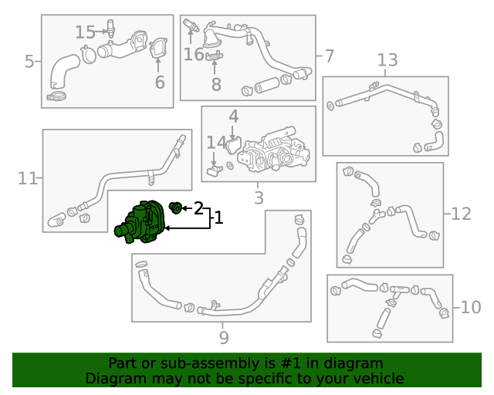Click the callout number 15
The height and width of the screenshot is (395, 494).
[x=85, y=32]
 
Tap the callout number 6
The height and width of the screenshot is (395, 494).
[x=160, y=83]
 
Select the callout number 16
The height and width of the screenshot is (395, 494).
[x=194, y=54]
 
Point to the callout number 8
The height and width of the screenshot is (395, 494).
[x=216, y=84]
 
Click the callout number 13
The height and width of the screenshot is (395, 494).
[x=387, y=60]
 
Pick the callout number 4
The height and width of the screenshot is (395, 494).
[x=233, y=116]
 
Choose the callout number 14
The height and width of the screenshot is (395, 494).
[x=216, y=143]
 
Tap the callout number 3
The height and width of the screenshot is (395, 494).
[x=259, y=197]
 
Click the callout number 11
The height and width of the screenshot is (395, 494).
[x=28, y=179]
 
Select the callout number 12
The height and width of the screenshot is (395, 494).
[x=461, y=214]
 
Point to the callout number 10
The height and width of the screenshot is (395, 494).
[x=471, y=307]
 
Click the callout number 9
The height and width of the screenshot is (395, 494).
[x=224, y=338]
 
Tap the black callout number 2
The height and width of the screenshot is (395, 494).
[x=198, y=208]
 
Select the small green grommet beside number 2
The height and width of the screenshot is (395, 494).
[x=175, y=208]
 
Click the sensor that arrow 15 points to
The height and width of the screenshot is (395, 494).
[x=110, y=29]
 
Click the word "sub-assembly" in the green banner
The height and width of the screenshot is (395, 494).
[x=213, y=363]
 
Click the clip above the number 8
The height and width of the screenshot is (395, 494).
[x=215, y=56]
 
